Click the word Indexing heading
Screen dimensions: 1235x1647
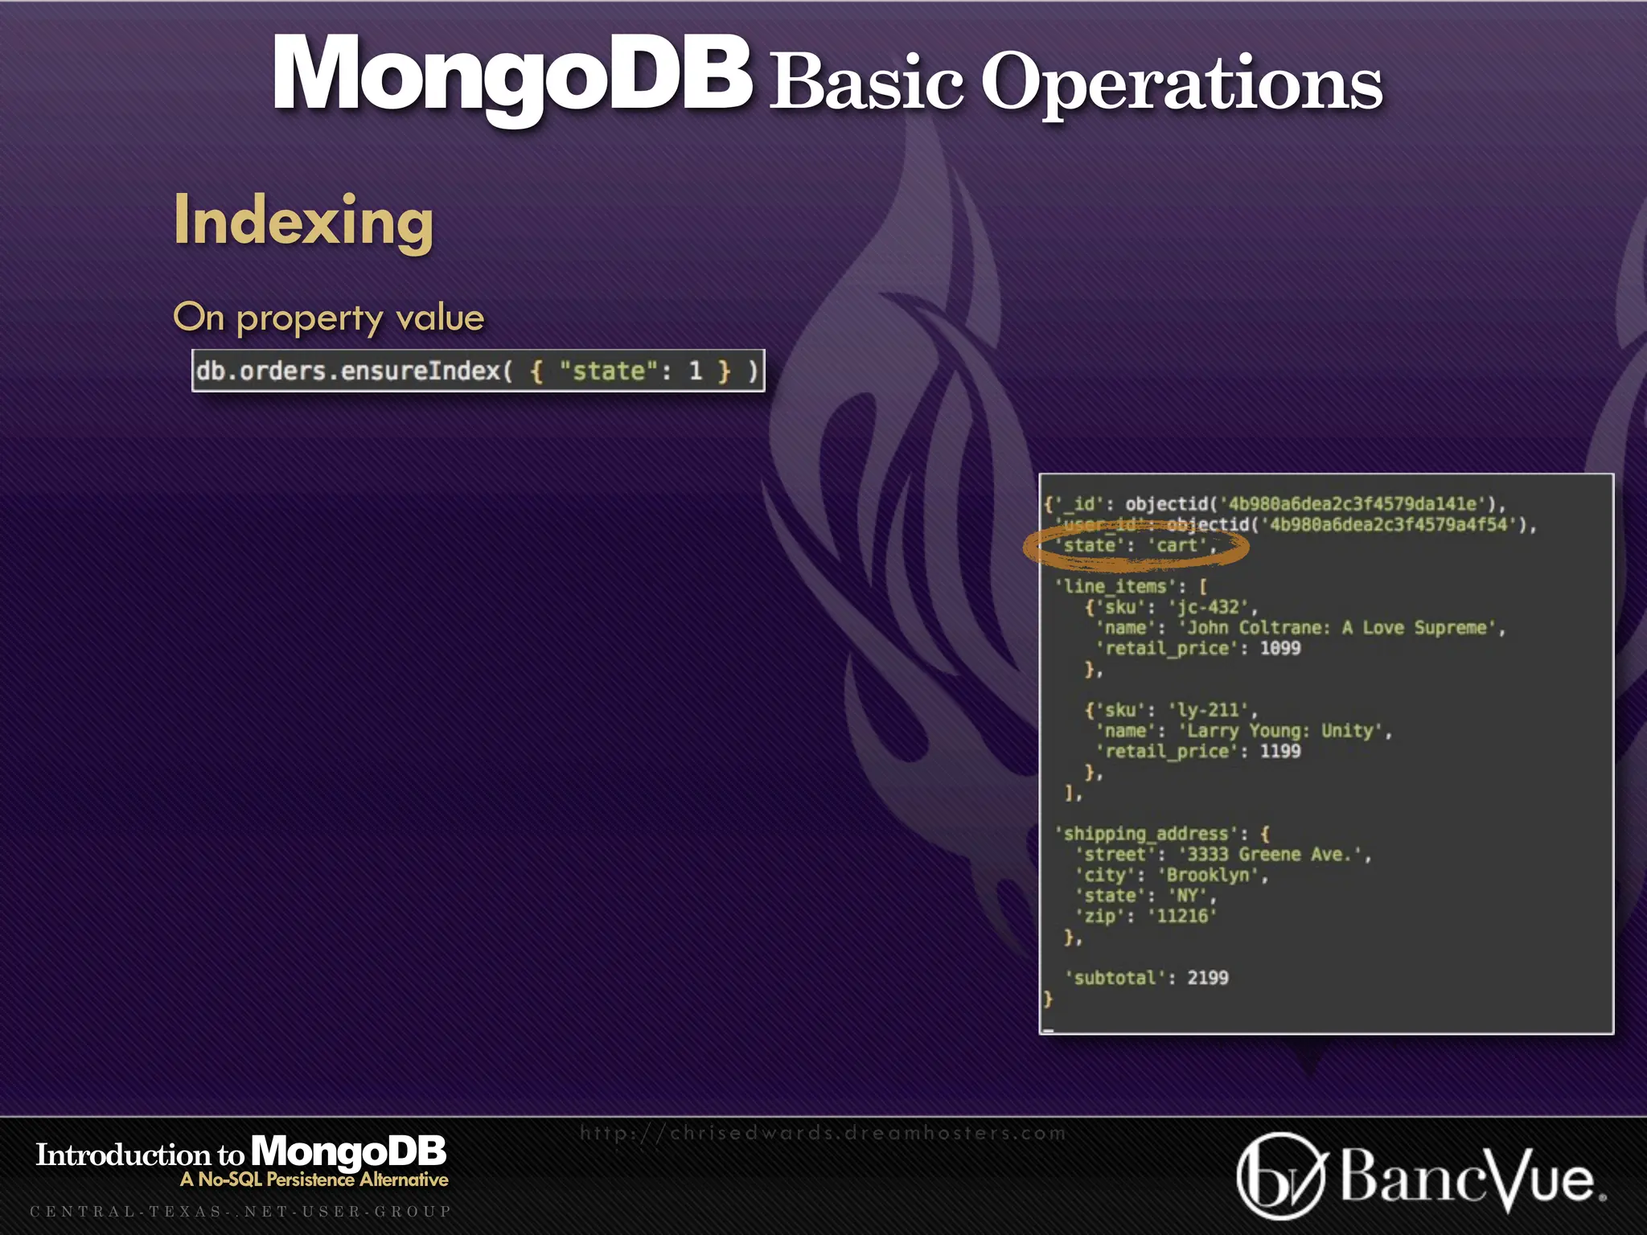pyautogui.click(x=303, y=221)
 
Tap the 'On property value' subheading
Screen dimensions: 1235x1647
pyautogui.click(x=328, y=318)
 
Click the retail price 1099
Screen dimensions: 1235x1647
pyautogui.click(x=1279, y=648)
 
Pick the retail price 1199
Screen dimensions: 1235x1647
pyautogui.click(x=1279, y=751)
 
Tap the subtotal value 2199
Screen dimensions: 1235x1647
pyautogui.click(x=1208, y=978)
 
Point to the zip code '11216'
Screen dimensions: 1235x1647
pyautogui.click(x=1182, y=916)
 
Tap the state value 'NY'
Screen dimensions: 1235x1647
pyautogui.click(x=1187, y=896)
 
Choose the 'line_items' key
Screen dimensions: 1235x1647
pyautogui.click(x=1115, y=586)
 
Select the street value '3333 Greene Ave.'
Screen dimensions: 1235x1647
pyautogui.click(x=1275, y=854)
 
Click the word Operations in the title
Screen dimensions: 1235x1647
pyautogui.click(x=1181, y=83)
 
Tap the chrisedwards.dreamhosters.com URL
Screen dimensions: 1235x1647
pyautogui.click(x=823, y=1133)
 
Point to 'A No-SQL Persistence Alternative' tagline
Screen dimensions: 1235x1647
pyautogui.click(x=314, y=1180)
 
